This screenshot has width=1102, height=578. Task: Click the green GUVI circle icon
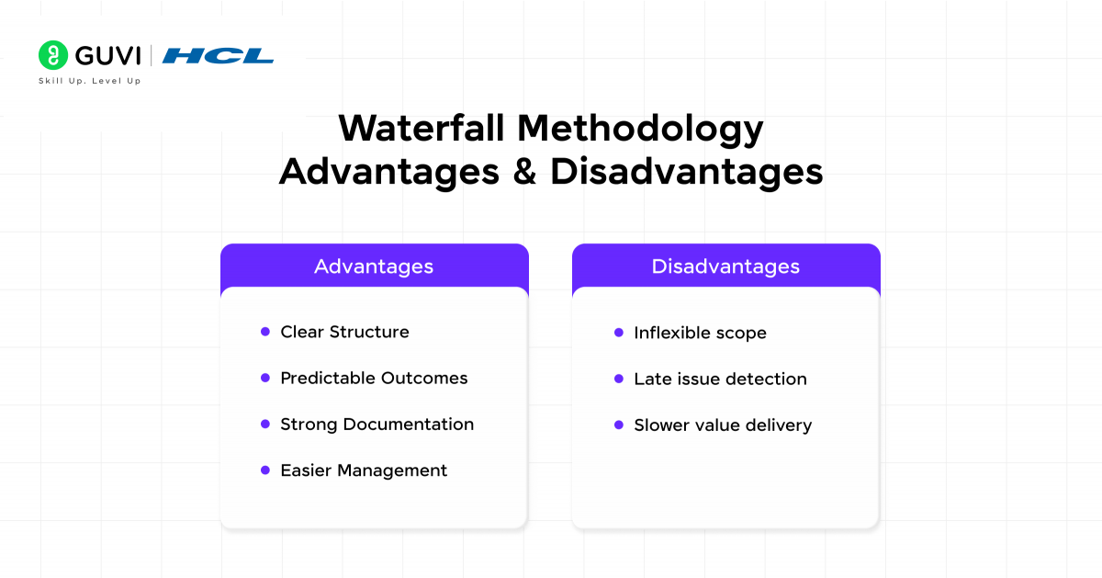tap(53, 55)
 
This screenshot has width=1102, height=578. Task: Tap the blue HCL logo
tap(218, 56)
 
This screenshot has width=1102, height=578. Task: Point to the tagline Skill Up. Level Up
tap(89, 81)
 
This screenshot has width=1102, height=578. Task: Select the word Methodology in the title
tap(640, 129)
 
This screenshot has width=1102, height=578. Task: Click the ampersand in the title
tap(524, 172)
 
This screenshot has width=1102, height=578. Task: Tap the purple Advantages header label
tap(374, 266)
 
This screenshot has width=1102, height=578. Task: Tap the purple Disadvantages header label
tap(725, 266)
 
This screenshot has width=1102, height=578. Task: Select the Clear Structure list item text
tap(344, 332)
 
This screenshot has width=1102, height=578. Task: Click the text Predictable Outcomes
tap(374, 378)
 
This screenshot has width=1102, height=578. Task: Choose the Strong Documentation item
tap(377, 424)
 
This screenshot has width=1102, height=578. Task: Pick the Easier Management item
tap(364, 470)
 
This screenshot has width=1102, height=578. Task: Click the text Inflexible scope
tap(700, 333)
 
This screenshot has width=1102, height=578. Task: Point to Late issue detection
tap(720, 379)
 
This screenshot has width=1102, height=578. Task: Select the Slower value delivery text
tap(723, 425)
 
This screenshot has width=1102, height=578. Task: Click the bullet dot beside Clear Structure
tap(265, 332)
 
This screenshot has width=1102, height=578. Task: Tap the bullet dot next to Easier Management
tap(265, 470)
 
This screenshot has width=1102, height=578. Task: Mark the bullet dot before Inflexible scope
tap(619, 333)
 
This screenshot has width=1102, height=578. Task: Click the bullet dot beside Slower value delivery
tap(619, 425)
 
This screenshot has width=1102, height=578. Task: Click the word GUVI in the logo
tap(107, 56)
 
